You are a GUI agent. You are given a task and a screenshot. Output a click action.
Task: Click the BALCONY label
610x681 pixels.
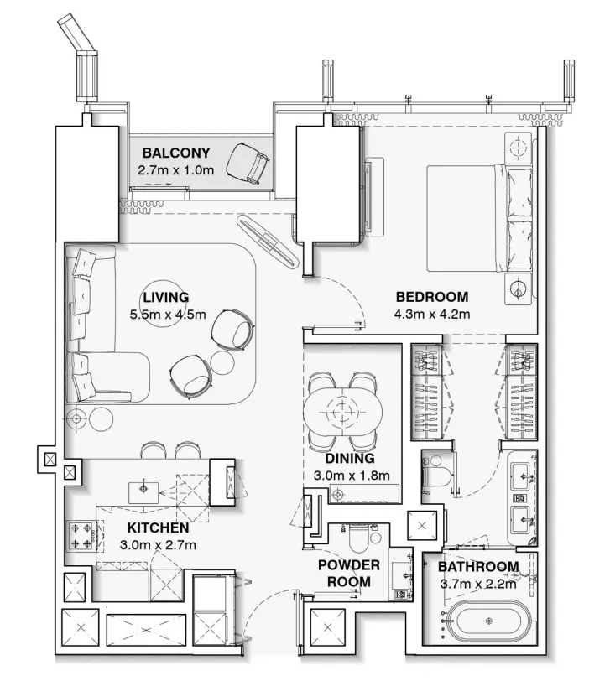[x=175, y=153]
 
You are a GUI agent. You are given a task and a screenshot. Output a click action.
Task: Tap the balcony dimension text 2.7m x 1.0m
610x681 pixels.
[x=176, y=169]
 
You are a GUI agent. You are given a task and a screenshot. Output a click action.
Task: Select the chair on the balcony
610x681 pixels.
[x=250, y=161]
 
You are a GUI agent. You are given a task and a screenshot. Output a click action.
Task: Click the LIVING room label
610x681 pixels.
[x=165, y=297]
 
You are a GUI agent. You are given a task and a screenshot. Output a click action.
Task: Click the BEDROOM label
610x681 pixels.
[x=431, y=297]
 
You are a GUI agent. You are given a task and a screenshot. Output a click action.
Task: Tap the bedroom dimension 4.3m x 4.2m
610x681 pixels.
[x=431, y=315]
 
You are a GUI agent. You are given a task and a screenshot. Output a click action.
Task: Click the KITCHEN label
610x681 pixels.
[x=158, y=528]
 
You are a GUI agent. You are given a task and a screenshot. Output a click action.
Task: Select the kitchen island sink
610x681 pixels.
[x=143, y=488]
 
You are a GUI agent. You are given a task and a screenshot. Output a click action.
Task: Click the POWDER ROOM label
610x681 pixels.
[x=349, y=574]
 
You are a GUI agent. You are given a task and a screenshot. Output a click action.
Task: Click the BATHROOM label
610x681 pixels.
[x=478, y=567]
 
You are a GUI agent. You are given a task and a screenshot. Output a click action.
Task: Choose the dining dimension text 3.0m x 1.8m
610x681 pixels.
[x=352, y=476]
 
